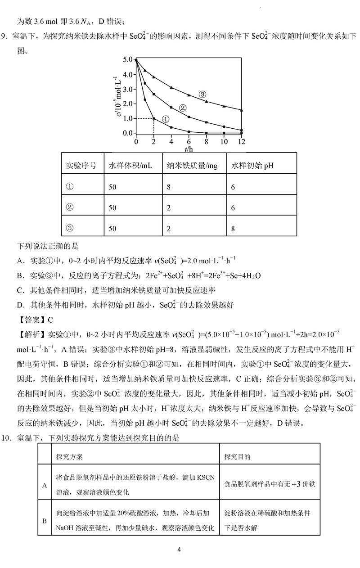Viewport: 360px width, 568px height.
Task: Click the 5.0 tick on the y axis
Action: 127,59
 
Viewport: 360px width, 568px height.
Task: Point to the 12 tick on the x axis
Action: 242,141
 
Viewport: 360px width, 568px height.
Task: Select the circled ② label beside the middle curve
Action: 183,108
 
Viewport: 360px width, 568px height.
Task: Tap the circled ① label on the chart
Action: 165,119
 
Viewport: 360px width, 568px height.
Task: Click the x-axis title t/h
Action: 189,149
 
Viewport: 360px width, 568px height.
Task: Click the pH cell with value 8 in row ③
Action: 233,229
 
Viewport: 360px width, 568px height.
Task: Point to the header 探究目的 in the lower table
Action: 238,456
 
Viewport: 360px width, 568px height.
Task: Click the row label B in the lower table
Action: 45,521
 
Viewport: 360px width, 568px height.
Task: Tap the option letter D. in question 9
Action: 21,306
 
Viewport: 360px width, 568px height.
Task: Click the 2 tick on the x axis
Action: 154,141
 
